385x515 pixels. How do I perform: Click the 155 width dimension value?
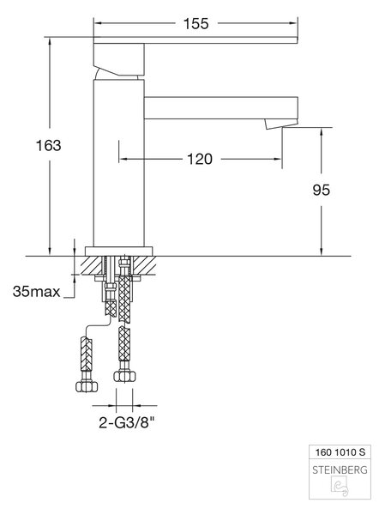click(196, 24)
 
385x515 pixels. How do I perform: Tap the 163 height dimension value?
click(49, 146)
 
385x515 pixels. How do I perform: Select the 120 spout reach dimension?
click(200, 159)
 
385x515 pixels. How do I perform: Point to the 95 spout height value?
click(322, 190)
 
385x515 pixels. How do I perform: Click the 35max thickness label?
click(36, 291)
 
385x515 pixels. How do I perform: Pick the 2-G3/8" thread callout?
click(126, 422)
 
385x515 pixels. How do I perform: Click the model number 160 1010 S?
click(340, 452)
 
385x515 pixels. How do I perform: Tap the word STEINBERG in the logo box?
click(340, 470)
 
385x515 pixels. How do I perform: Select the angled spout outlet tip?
click(281, 124)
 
